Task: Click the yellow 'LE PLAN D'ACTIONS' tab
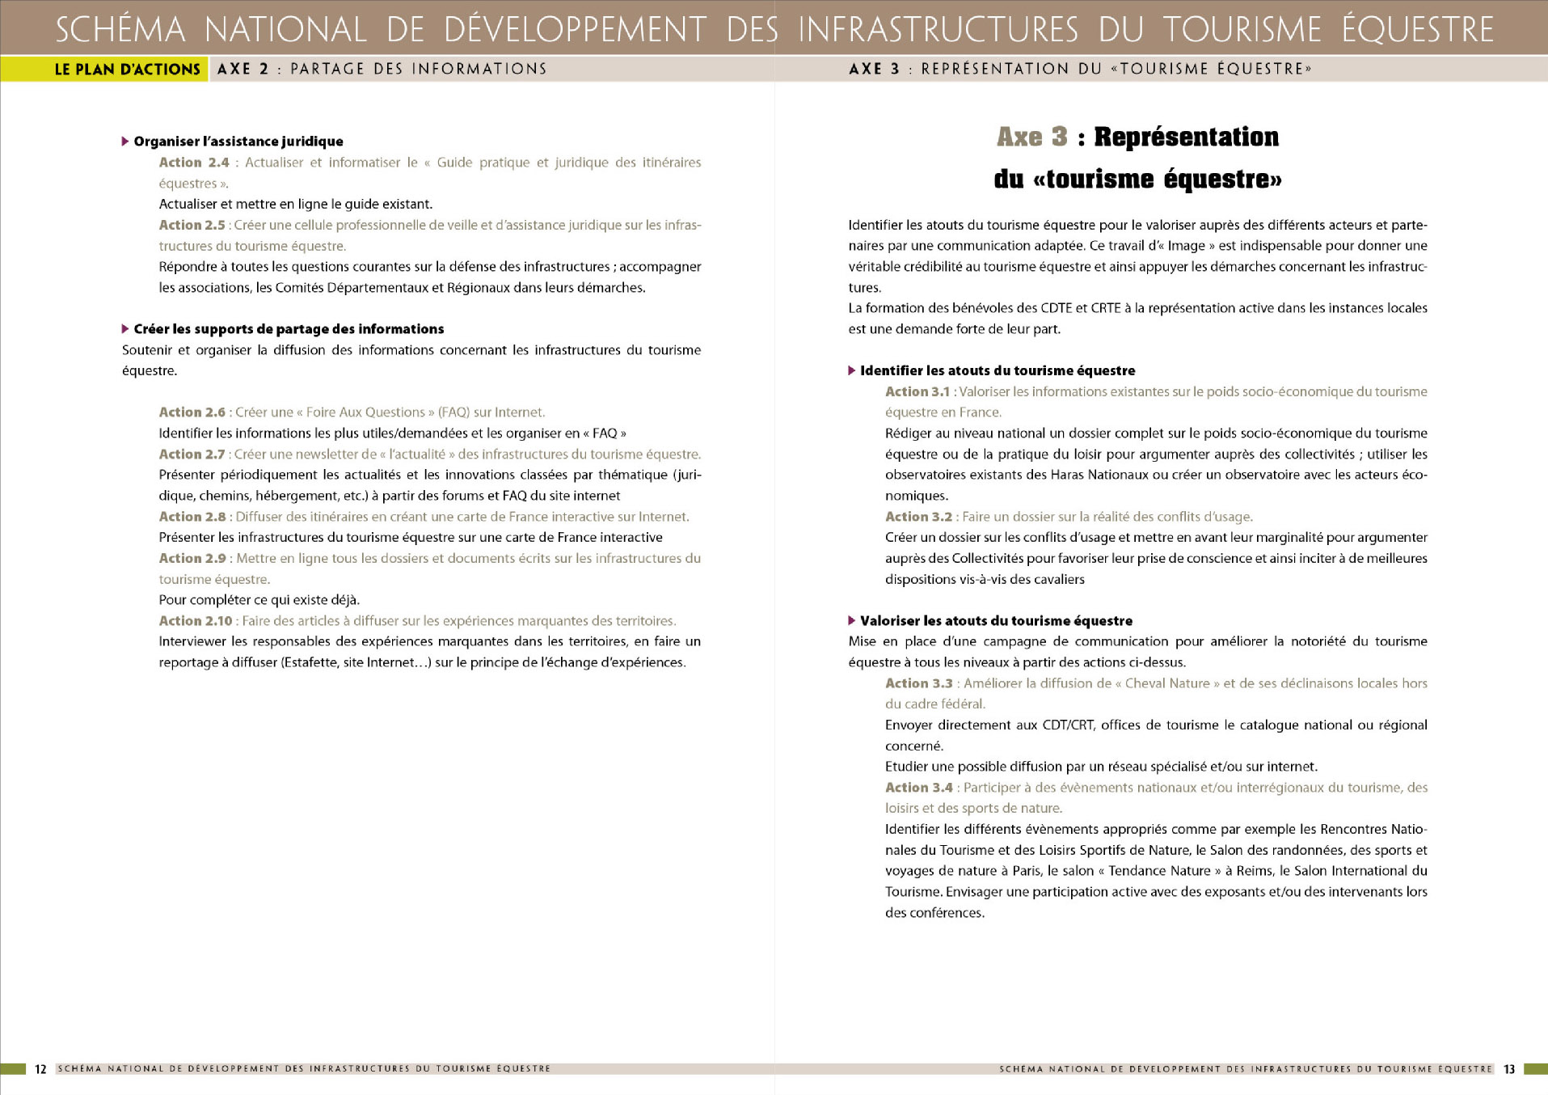[127, 70]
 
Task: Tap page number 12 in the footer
[40, 1069]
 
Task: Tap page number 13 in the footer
[1509, 1069]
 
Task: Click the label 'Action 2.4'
[194, 163]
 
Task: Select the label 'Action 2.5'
[192, 225]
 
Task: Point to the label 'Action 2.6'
[192, 412]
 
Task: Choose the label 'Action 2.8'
[192, 517]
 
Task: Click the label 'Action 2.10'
[195, 621]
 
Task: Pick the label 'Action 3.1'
[917, 391]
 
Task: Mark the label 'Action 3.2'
[918, 517]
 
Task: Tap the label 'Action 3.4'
[918, 788]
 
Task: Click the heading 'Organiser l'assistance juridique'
[238, 142]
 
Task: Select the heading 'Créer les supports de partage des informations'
[289, 329]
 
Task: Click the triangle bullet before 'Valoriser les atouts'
[851, 620]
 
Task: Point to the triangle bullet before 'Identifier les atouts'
[851, 370]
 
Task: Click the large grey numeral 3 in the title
[1059, 137]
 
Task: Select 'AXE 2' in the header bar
[243, 70]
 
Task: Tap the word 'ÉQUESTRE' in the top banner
[1417, 30]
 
